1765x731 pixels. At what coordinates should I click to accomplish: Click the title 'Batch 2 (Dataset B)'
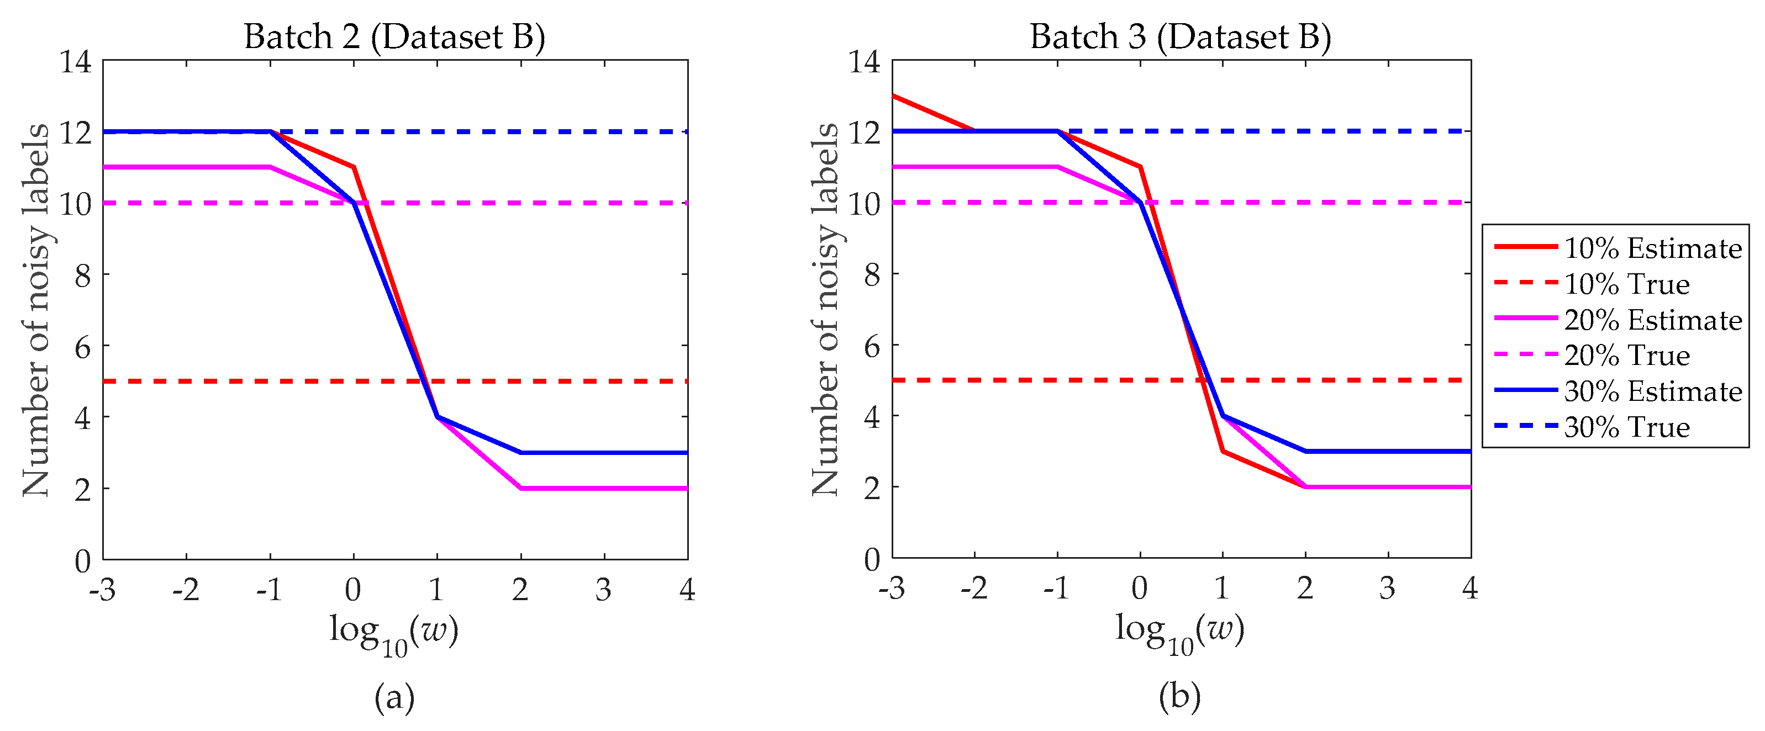[x=394, y=36]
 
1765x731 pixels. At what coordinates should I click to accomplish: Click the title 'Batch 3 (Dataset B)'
[x=1181, y=36]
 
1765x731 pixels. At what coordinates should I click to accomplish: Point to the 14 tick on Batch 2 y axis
[x=75, y=62]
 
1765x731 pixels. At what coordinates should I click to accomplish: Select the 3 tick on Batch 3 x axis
[x=1388, y=588]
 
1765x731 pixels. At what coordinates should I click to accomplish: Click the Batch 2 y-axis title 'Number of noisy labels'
[x=35, y=310]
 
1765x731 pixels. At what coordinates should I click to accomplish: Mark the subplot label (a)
[x=394, y=697]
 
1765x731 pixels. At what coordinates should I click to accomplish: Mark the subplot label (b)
[x=1180, y=697]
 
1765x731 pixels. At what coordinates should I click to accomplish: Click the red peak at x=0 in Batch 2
[x=354, y=167]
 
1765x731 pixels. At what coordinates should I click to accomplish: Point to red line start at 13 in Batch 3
[x=893, y=96]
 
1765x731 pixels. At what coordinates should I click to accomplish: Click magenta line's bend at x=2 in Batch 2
[x=521, y=488]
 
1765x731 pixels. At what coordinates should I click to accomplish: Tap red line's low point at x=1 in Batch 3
[x=1223, y=451]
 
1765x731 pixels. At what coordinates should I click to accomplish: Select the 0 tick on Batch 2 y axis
[x=83, y=561]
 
